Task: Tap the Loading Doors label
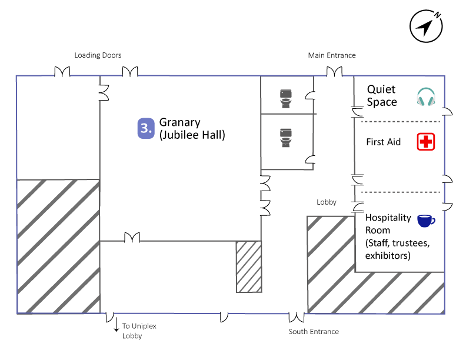tap(98, 55)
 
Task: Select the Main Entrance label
tap(332, 55)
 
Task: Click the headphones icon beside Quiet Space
tap(425, 97)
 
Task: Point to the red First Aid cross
tap(425, 142)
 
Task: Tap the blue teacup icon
tap(425, 221)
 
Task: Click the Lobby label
tap(327, 202)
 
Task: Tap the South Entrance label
tap(314, 332)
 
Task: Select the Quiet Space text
tap(382, 96)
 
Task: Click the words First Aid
tap(383, 142)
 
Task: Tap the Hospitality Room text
tap(388, 224)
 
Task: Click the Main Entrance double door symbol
tap(334, 72)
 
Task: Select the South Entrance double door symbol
tap(297, 317)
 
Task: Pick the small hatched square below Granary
tap(248, 266)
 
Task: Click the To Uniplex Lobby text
tap(139, 331)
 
